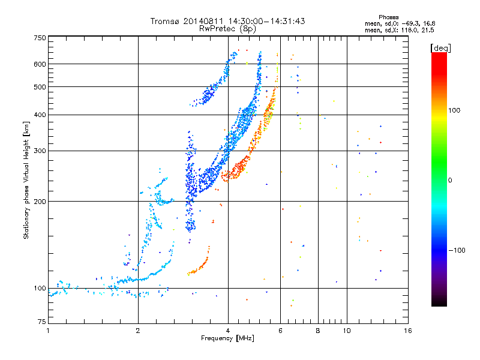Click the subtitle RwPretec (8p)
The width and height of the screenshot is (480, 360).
(228, 28)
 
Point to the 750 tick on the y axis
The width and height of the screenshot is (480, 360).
(40, 38)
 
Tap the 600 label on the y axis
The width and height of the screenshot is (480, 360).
(40, 64)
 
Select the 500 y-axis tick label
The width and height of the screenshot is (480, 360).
(40, 87)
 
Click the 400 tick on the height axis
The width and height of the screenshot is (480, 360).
(40, 115)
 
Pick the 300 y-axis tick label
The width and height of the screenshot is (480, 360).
(40, 151)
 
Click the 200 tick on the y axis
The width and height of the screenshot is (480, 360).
(40, 201)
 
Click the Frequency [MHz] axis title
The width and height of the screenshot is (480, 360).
(227, 339)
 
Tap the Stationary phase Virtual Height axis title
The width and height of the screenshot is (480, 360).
(26, 181)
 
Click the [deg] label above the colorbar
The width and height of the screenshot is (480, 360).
(441, 47)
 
